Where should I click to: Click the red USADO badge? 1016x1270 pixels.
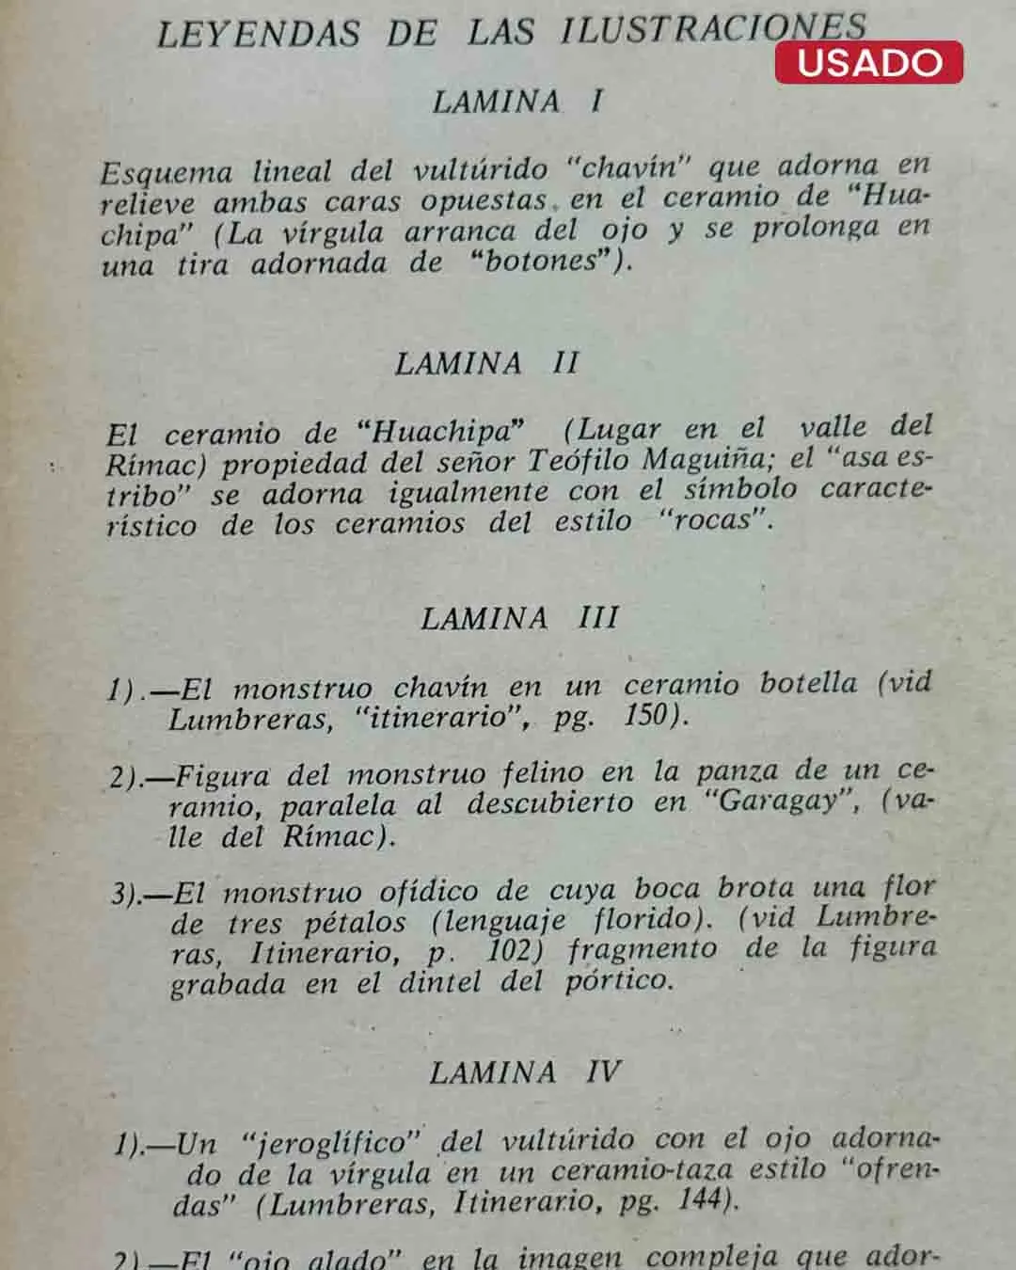point(868,62)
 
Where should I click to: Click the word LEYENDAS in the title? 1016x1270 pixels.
point(258,35)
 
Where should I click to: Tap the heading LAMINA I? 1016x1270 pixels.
point(517,102)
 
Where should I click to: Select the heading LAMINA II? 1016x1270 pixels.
point(486,363)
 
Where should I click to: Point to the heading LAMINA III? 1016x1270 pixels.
point(519,618)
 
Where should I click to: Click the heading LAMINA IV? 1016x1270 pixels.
point(525,1072)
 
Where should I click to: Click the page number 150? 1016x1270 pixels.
point(645,715)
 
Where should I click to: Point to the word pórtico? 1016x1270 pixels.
point(618,981)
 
